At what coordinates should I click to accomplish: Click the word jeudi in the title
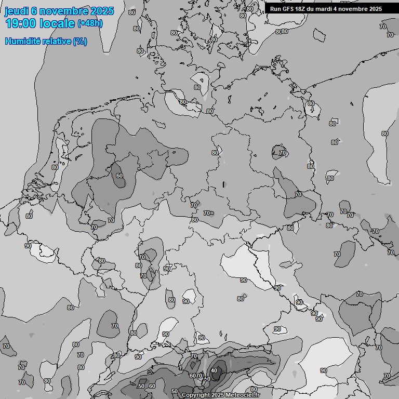click(16, 11)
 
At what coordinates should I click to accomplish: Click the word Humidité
click(21, 41)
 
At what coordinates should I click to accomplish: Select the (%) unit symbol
click(80, 41)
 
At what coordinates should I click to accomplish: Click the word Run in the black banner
click(275, 9)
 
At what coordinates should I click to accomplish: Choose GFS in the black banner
click(288, 9)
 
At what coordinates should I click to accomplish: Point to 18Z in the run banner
click(301, 9)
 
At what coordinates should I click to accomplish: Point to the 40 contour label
click(214, 370)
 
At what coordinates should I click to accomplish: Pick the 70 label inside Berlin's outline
click(283, 153)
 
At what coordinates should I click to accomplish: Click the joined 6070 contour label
click(195, 376)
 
